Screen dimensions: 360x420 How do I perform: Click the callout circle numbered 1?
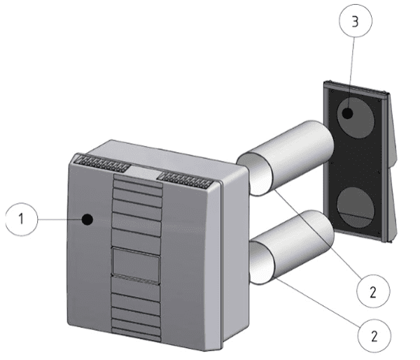click(x=22, y=218)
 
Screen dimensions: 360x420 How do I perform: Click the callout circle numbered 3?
click(x=356, y=22)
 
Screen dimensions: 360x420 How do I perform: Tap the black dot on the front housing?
click(x=87, y=219)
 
